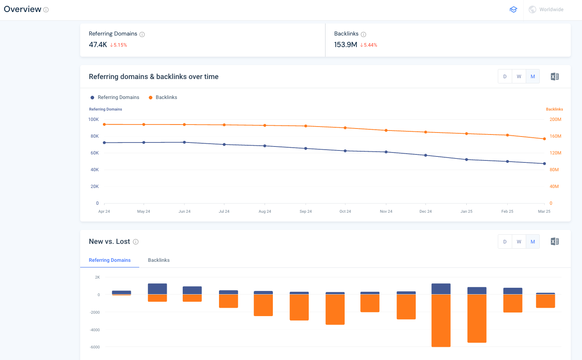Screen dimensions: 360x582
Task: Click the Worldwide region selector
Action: click(546, 10)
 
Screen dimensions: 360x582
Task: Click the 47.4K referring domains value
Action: click(98, 45)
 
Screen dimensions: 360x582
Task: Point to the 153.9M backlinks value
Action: click(345, 45)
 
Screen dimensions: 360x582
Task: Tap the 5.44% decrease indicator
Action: click(369, 45)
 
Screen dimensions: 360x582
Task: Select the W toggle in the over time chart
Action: click(519, 77)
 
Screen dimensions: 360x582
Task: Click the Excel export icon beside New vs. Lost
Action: click(554, 241)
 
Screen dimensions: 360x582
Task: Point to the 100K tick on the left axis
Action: click(93, 119)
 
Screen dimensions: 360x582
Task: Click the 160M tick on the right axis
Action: click(555, 136)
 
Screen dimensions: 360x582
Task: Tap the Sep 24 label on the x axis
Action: click(306, 212)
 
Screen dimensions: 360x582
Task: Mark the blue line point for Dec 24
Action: click(426, 155)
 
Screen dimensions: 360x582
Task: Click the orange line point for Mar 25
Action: click(545, 139)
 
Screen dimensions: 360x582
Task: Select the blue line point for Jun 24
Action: click(184, 142)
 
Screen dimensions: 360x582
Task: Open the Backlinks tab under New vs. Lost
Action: click(159, 260)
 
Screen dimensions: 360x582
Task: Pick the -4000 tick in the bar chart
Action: click(95, 330)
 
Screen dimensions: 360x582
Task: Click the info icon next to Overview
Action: click(46, 10)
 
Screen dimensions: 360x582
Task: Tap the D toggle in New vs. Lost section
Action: click(505, 241)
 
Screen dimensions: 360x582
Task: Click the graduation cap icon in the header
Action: click(513, 10)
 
